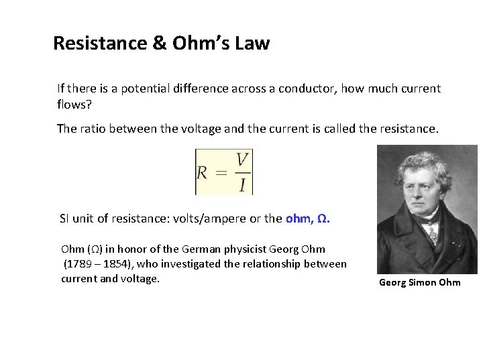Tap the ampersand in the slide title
(x=160, y=44)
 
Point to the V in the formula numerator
(x=242, y=160)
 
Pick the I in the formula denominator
(x=242, y=184)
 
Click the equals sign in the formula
(x=220, y=172)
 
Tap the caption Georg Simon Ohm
(x=420, y=282)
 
